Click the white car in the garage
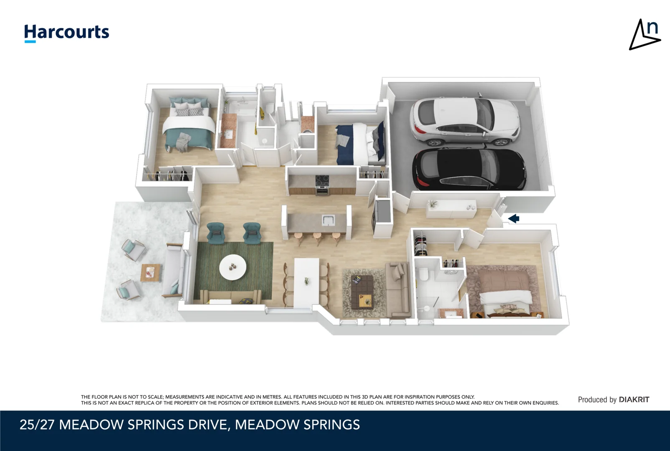click(464, 122)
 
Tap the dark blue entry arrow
click(514, 218)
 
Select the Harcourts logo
click(66, 33)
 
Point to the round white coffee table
click(233, 267)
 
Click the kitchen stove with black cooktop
click(322, 185)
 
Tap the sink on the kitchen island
click(327, 219)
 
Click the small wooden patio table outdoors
click(150, 273)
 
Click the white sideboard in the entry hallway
click(451, 209)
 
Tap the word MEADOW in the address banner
click(91, 425)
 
